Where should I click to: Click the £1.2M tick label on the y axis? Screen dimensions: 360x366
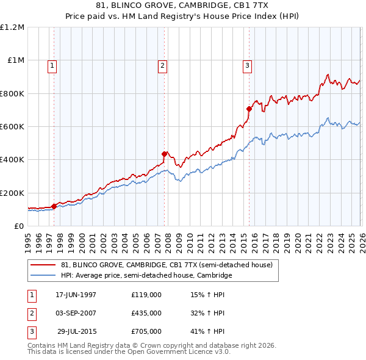(12, 27)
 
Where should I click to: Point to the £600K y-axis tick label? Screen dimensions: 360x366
(12, 127)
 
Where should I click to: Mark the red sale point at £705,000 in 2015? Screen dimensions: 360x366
(249, 109)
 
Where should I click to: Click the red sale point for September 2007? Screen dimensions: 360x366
(164, 154)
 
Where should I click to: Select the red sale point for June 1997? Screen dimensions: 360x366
(54, 206)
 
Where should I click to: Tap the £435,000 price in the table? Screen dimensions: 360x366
(146, 313)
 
